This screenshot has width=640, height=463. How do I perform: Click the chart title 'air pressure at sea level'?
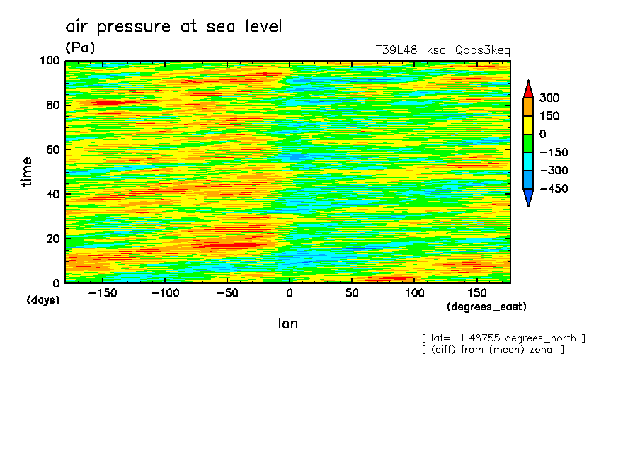click(173, 27)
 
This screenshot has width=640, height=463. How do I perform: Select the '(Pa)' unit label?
click(79, 47)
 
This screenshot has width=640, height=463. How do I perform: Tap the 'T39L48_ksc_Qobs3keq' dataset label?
click(442, 50)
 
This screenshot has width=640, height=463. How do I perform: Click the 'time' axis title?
click(27, 172)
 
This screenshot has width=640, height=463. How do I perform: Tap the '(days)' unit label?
click(43, 300)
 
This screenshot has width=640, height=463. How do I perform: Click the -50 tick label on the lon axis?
click(227, 292)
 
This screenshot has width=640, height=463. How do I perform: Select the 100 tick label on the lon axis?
click(415, 292)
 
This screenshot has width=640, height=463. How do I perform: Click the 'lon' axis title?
click(287, 324)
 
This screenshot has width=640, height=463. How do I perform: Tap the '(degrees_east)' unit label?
click(486, 307)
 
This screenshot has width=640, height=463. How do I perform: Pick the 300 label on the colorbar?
click(551, 98)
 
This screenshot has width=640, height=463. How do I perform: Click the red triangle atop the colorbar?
click(528, 88)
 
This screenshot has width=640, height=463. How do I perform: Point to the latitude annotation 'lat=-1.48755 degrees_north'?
click(503, 338)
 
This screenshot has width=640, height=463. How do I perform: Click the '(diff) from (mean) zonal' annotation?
click(493, 349)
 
